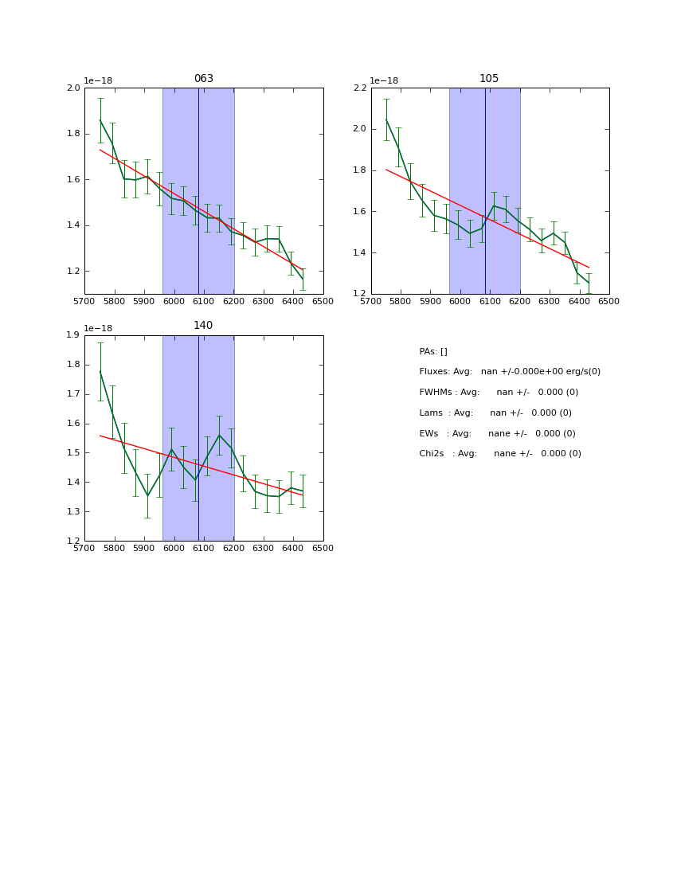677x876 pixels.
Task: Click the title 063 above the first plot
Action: click(204, 79)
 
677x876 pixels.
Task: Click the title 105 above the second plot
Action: click(489, 79)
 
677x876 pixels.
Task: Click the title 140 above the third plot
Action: click(204, 326)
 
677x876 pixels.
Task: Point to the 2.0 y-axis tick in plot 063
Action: click(73, 88)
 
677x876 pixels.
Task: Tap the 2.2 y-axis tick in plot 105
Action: click(360, 88)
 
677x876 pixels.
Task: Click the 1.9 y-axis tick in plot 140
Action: click(73, 335)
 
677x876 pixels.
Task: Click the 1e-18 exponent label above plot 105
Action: click(384, 80)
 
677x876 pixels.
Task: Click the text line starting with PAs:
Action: click(433, 352)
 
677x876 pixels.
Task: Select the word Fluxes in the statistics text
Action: click(434, 372)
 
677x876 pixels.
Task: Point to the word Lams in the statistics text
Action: click(431, 413)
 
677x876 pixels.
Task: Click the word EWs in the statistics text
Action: click(429, 434)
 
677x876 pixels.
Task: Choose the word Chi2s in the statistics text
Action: click(432, 454)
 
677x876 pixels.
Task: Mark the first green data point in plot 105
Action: click(386, 120)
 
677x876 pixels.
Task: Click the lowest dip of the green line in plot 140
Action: click(147, 496)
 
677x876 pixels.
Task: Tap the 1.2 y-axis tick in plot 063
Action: click(73, 272)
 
